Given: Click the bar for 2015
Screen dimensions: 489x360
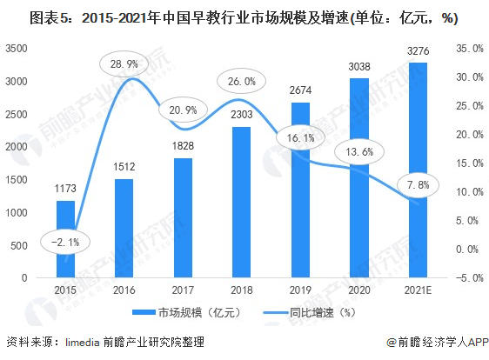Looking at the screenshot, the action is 65,239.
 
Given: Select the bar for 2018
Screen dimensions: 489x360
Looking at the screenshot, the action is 241,202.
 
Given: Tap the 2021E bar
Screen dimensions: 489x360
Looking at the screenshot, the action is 418,170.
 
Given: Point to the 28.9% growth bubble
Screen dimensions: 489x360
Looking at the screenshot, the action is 124,64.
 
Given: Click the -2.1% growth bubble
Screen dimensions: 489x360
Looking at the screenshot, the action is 65,243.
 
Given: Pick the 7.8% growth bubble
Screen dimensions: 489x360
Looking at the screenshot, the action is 419,185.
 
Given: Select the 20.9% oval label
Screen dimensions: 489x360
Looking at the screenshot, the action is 183,110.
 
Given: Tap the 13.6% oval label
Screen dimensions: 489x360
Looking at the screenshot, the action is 359,152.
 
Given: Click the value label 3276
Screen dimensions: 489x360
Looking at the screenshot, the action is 418,51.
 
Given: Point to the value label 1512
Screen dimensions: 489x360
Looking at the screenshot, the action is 124,167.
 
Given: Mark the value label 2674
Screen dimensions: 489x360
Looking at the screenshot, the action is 300,90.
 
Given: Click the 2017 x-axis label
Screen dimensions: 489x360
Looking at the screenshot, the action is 183,290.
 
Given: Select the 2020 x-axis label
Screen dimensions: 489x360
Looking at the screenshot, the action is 359,290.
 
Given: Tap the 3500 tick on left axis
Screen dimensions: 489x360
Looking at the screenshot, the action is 17,49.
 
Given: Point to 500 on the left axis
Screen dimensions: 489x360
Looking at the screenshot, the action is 19,245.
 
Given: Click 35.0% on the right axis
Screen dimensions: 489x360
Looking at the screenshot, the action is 470,49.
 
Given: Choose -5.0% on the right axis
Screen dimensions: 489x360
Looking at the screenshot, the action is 470,277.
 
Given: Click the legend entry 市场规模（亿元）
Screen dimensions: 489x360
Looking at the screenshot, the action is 187,312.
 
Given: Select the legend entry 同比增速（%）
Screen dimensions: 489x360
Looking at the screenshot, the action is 310,312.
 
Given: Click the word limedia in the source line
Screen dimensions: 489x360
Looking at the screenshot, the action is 83,343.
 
